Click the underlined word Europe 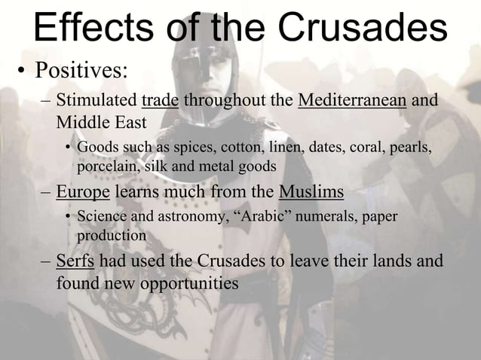[83, 192]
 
